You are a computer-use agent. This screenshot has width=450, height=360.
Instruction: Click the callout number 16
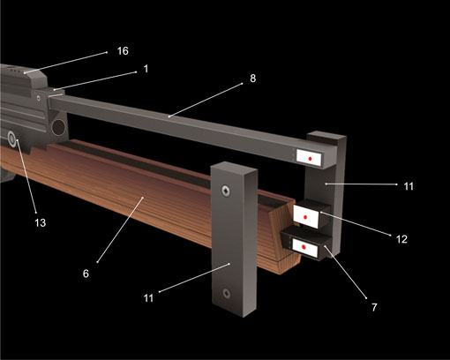(x=123, y=51)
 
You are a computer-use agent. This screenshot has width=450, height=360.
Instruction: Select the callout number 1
(x=146, y=69)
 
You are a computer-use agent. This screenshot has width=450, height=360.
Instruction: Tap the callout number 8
(x=253, y=79)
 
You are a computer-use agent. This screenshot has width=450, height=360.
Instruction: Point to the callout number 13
(x=41, y=223)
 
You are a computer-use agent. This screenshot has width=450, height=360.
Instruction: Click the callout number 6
(x=86, y=274)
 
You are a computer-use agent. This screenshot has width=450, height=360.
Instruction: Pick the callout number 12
(x=401, y=239)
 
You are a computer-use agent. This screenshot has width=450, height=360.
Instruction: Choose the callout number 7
(x=374, y=307)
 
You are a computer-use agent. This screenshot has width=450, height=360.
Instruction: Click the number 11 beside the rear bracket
(x=409, y=186)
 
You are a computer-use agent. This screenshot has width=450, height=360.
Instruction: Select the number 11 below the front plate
(x=148, y=298)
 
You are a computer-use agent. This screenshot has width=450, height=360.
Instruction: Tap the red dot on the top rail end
(x=310, y=159)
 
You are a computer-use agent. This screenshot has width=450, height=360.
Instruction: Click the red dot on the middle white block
(x=305, y=217)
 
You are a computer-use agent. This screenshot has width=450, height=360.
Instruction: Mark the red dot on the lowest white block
(x=304, y=247)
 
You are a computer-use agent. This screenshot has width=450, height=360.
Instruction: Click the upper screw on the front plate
(x=226, y=191)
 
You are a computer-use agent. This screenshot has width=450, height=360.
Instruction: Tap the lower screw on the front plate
(x=226, y=293)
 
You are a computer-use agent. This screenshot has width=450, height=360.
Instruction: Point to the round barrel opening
(x=58, y=127)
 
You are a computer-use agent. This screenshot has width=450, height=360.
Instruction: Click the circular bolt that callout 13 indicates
(x=12, y=138)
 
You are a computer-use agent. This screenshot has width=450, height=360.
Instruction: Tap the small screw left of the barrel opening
(x=39, y=99)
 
